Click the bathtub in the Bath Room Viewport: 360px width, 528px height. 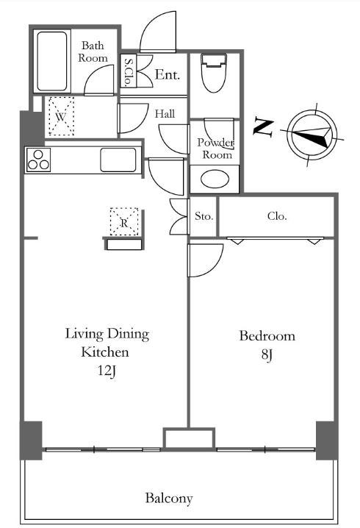(x=52, y=61)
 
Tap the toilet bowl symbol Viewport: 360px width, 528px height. (x=215, y=73)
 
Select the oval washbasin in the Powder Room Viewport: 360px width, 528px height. (x=215, y=179)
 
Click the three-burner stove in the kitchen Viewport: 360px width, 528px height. (x=38, y=160)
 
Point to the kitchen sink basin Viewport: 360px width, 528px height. (x=118, y=160)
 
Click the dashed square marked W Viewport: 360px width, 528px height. (x=61, y=116)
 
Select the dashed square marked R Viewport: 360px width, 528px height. (x=124, y=221)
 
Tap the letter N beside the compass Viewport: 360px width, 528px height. (x=263, y=126)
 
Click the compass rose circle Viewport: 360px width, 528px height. (x=314, y=133)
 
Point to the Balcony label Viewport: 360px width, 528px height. (x=169, y=498)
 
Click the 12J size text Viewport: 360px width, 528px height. (x=107, y=371)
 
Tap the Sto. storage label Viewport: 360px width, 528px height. (x=204, y=216)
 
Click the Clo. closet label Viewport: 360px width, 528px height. (x=277, y=216)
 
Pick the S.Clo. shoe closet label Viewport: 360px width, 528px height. (x=129, y=71)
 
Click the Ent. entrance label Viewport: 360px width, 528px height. (x=167, y=75)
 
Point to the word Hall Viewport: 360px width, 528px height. (x=165, y=114)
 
